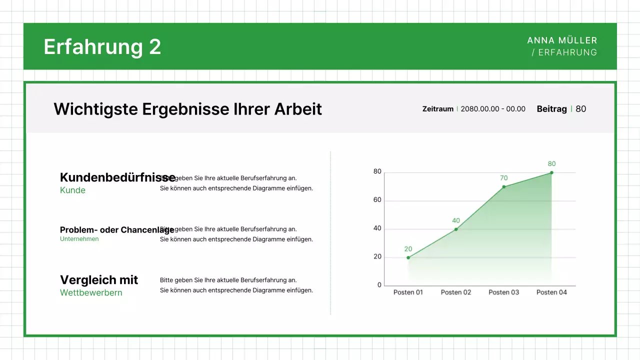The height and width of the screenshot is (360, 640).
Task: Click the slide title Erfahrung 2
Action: [x=102, y=47]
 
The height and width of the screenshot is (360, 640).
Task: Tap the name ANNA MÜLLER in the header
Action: [x=562, y=40]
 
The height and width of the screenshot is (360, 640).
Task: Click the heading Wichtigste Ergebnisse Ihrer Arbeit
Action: [x=187, y=109]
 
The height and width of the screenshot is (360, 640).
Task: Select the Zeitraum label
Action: [x=437, y=109]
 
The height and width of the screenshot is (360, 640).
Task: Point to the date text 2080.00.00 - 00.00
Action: [x=492, y=109]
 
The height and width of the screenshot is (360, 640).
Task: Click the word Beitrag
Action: [x=551, y=109]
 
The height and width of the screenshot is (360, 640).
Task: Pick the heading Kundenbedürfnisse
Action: [x=117, y=177]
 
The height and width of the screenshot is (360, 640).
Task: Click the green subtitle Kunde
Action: [x=72, y=190]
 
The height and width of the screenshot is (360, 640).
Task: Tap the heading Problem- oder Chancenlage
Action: [x=117, y=230]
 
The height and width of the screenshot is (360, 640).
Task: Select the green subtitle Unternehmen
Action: [x=79, y=239]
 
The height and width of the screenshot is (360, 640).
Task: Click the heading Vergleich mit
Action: [x=99, y=280]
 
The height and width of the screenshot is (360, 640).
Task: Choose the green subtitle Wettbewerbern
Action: [x=91, y=293]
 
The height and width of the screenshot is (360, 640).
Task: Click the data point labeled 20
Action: [x=408, y=257]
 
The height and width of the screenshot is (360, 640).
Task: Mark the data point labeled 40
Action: [x=456, y=229]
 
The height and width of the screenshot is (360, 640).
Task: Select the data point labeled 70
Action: [x=504, y=186]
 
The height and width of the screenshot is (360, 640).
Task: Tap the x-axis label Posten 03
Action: [x=503, y=292]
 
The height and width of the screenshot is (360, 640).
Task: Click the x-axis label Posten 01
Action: [x=408, y=292]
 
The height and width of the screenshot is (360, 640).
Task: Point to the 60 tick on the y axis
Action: [x=377, y=200]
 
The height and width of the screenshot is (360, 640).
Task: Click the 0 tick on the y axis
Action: [x=379, y=285]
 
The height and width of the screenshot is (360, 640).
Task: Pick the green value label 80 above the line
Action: [x=551, y=164]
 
